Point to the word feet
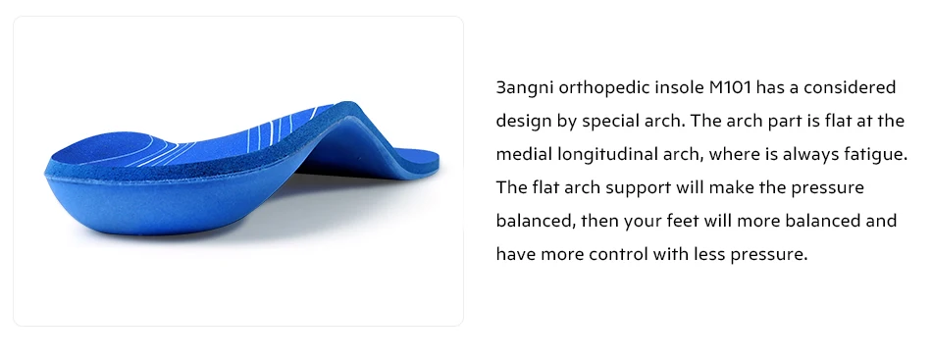pyautogui.click(x=683, y=221)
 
